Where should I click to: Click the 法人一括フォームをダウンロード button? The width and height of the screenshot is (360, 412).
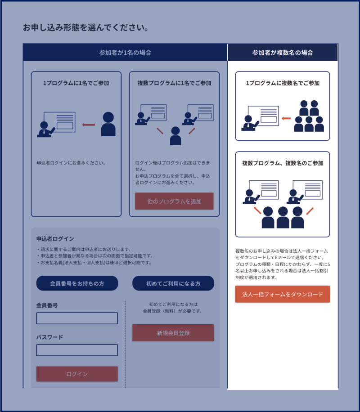282,294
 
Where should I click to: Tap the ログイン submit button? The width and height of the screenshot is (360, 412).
77,374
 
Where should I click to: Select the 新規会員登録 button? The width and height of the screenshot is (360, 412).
173,333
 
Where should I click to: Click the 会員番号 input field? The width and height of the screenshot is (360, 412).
77,318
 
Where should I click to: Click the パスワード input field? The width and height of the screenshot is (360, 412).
77,350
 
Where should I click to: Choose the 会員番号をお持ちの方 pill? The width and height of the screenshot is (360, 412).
77,283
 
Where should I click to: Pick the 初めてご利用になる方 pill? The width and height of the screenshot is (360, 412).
173,283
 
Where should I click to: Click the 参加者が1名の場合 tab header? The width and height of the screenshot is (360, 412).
125,53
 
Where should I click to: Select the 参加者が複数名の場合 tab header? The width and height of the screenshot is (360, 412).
283,53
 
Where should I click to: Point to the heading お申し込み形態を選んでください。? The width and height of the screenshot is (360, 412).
86,28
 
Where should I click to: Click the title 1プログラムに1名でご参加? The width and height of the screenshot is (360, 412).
76,83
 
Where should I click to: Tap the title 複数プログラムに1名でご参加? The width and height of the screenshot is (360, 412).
174,83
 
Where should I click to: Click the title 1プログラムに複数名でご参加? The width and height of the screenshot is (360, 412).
283,83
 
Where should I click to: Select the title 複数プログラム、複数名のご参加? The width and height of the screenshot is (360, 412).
283,163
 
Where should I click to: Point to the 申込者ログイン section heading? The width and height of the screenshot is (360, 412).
55,239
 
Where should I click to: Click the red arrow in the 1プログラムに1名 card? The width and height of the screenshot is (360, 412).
89,125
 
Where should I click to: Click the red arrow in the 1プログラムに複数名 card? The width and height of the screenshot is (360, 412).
286,118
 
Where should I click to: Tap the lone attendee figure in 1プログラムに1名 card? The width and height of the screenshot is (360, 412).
108,124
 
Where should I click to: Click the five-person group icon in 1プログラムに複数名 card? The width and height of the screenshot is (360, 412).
309,116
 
